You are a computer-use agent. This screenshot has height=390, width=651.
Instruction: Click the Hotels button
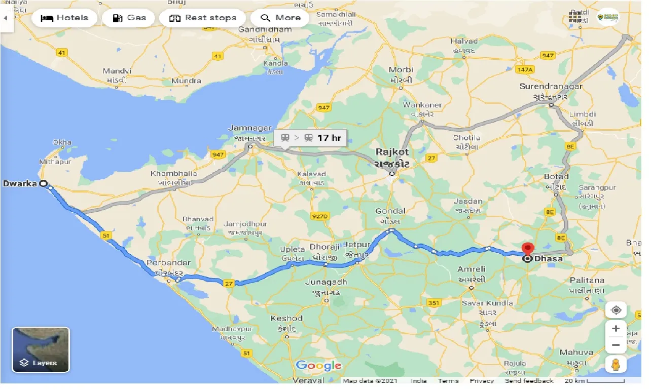pyautogui.click(x=64, y=18)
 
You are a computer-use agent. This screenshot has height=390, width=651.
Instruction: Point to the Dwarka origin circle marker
pyautogui.click(x=43, y=183)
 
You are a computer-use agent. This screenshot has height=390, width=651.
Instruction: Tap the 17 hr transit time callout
pyautogui.click(x=310, y=138)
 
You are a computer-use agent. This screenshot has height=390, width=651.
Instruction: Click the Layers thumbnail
pyautogui.click(x=41, y=349)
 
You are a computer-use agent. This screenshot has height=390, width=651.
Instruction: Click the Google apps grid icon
pyautogui.click(x=574, y=17)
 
